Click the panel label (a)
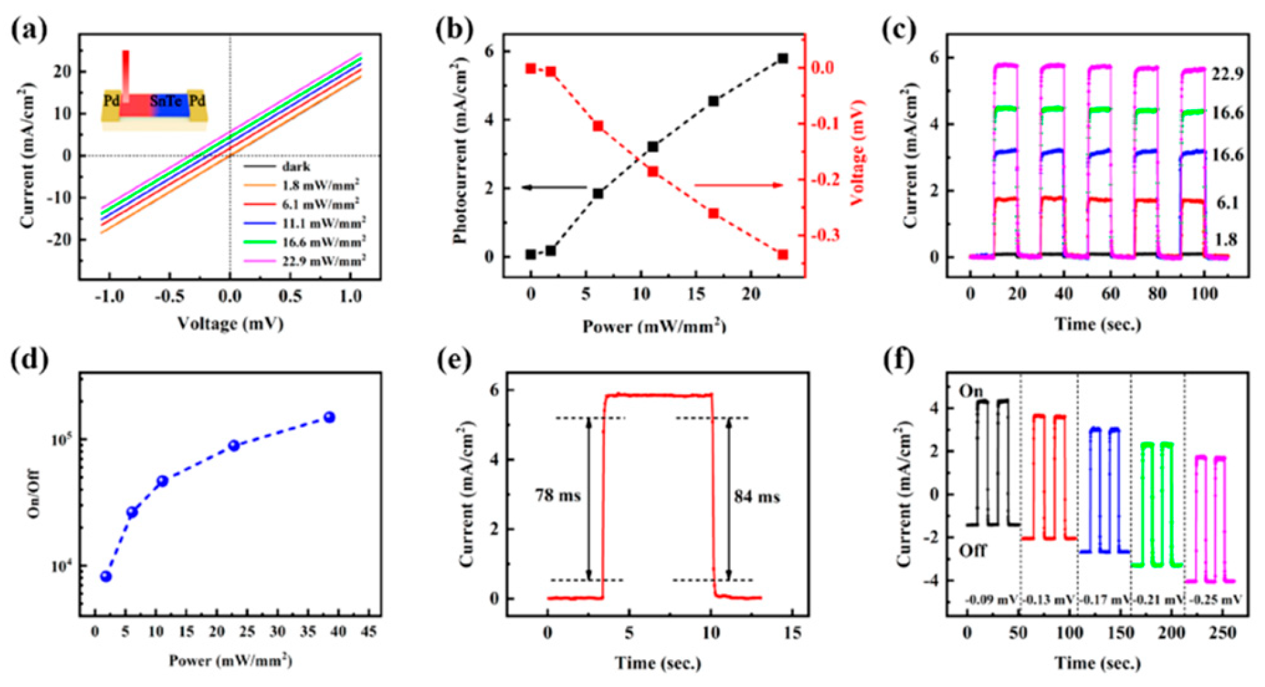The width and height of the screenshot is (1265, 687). pos(30,30)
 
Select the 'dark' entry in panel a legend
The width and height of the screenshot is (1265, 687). pos(296,167)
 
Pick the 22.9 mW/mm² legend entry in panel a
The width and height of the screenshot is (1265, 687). pos(323,262)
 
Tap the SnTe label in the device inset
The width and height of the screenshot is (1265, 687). pos(166,101)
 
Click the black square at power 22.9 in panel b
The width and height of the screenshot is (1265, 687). pos(782,59)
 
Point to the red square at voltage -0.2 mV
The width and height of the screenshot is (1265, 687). pos(653,172)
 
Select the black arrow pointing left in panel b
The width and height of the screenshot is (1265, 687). pos(554,188)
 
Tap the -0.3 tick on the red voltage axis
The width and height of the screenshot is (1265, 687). pos(825,236)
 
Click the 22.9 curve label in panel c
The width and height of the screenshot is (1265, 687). pos(1227,74)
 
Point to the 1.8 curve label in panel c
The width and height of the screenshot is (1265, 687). pos(1225,240)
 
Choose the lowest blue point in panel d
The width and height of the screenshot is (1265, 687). pos(106,577)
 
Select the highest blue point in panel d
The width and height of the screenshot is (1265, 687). pos(329,417)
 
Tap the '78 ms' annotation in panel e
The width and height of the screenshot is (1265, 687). pos(557,495)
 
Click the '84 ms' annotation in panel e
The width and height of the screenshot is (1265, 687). pos(756,497)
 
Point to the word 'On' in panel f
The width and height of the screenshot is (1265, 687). pos(971,391)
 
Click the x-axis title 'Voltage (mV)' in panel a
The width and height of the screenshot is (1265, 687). pos(229,323)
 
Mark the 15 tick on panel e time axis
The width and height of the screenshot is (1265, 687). pos(792,633)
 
